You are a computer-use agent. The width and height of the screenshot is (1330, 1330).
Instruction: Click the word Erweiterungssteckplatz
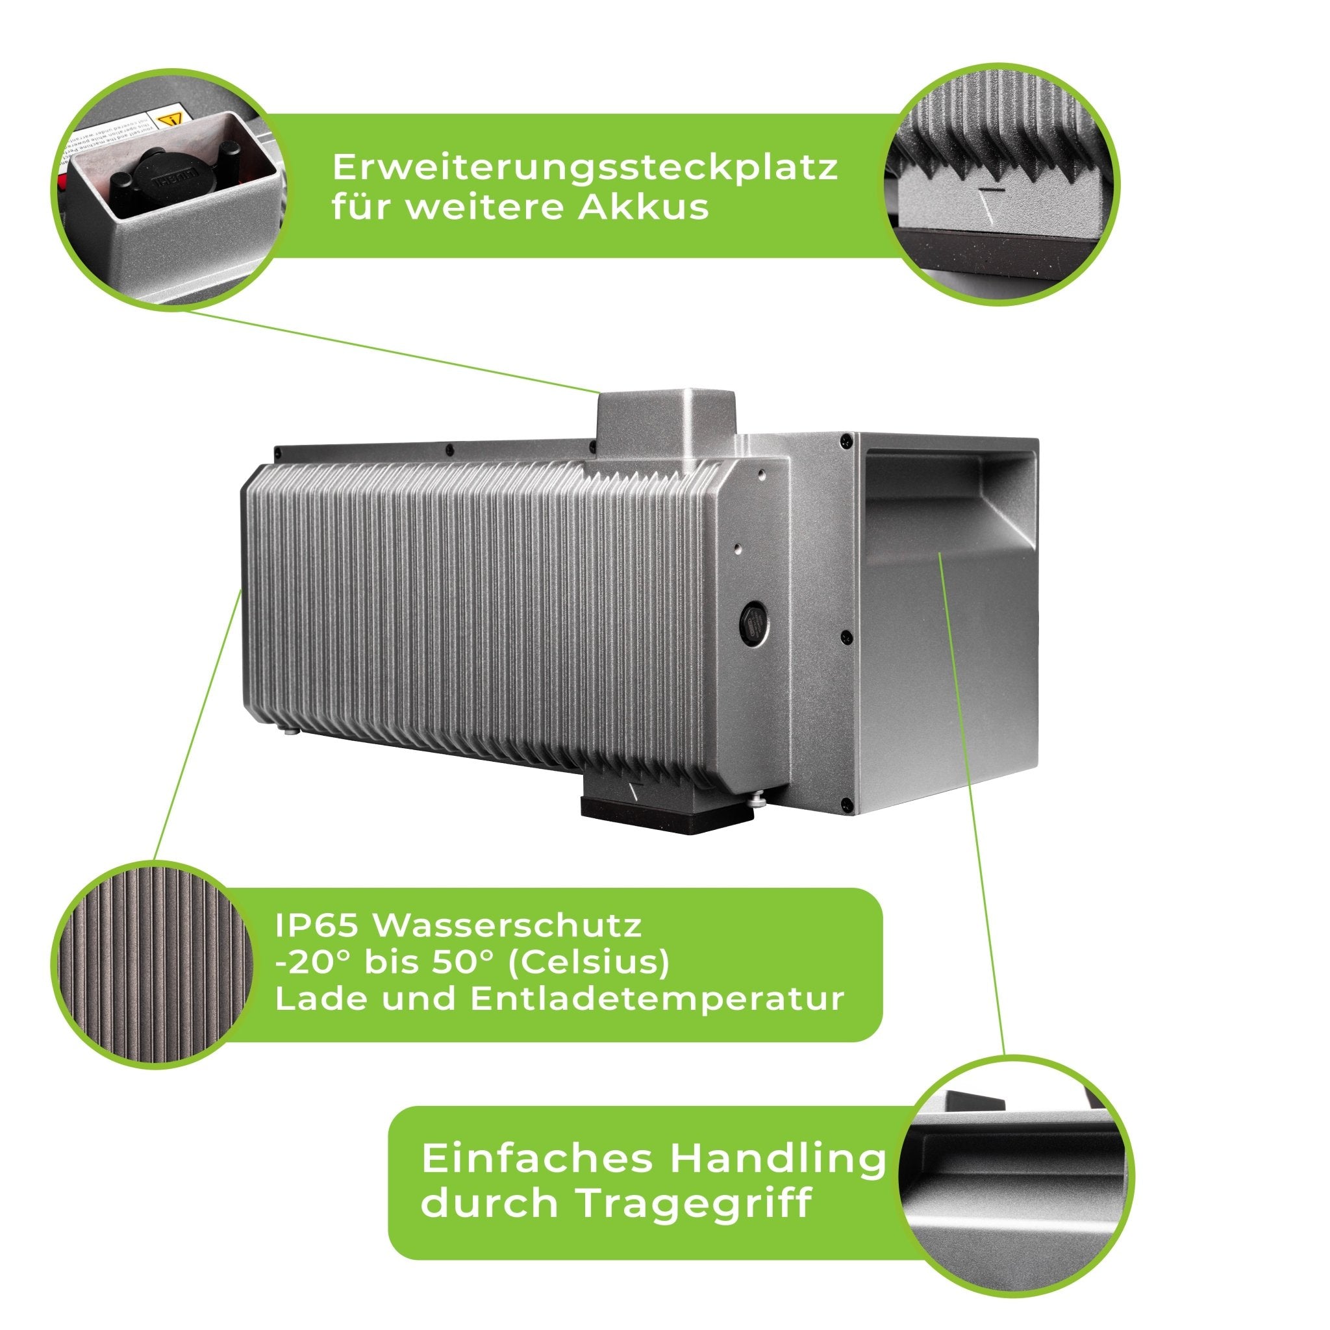(585, 169)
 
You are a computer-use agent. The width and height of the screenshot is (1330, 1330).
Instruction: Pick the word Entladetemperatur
(657, 999)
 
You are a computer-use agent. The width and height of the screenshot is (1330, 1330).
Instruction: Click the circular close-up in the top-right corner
(1001, 184)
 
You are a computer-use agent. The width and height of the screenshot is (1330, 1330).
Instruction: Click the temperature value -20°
(307, 962)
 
